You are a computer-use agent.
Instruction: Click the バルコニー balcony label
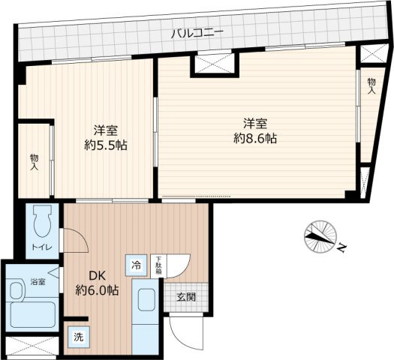197,34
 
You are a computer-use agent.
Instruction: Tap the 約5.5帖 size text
106,145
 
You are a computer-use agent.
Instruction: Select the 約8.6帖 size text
255,138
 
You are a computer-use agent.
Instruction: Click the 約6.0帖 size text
97,290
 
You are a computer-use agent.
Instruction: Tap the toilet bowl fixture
43,221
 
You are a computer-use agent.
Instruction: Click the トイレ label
42,247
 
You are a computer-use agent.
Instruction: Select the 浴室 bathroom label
38,282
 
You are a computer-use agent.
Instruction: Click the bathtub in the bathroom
32,314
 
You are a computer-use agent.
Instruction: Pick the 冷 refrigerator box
136,265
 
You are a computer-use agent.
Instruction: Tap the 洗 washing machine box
79,337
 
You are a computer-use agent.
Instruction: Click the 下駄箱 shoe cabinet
158,266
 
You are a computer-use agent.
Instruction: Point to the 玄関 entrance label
186,298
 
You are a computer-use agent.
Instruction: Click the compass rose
320,236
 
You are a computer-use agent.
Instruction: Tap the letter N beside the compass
341,247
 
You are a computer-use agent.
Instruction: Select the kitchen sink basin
147,300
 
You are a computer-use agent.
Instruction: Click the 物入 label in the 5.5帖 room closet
35,163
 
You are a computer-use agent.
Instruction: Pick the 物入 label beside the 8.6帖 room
371,86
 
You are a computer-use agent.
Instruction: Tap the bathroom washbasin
16,291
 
